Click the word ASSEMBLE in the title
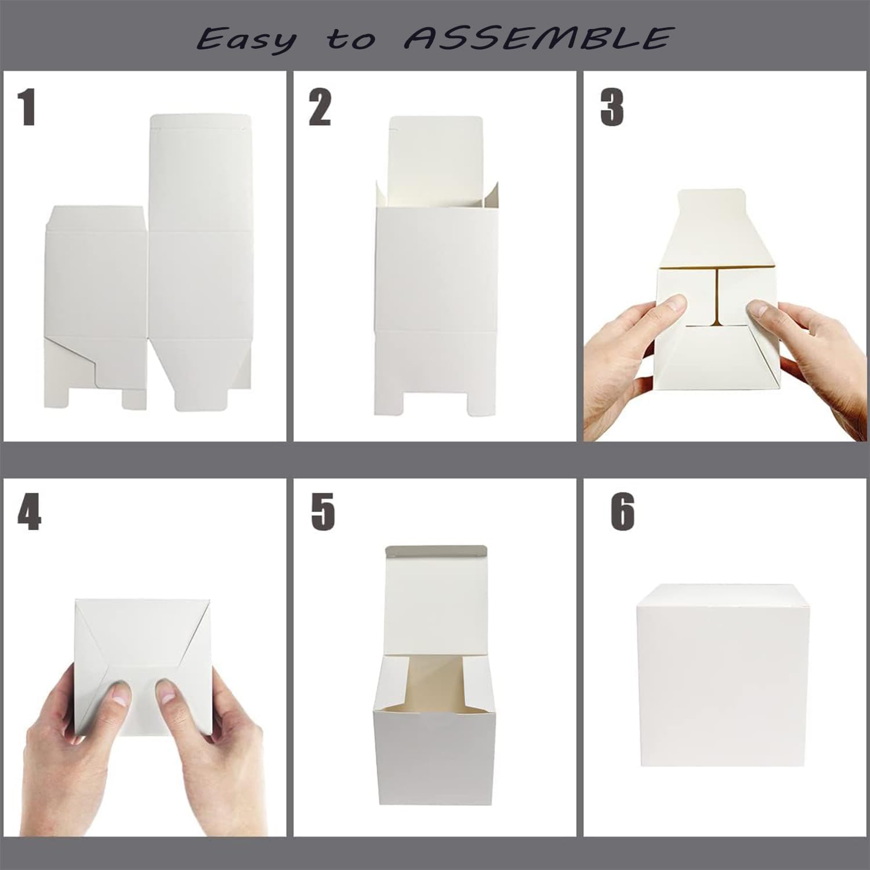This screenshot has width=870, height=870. click(x=537, y=38)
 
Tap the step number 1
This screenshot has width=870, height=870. click(x=27, y=108)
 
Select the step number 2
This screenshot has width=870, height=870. click(x=320, y=108)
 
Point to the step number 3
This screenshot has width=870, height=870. click(x=612, y=108)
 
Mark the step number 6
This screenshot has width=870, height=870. click(x=622, y=513)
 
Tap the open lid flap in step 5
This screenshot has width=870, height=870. click(x=435, y=592)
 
